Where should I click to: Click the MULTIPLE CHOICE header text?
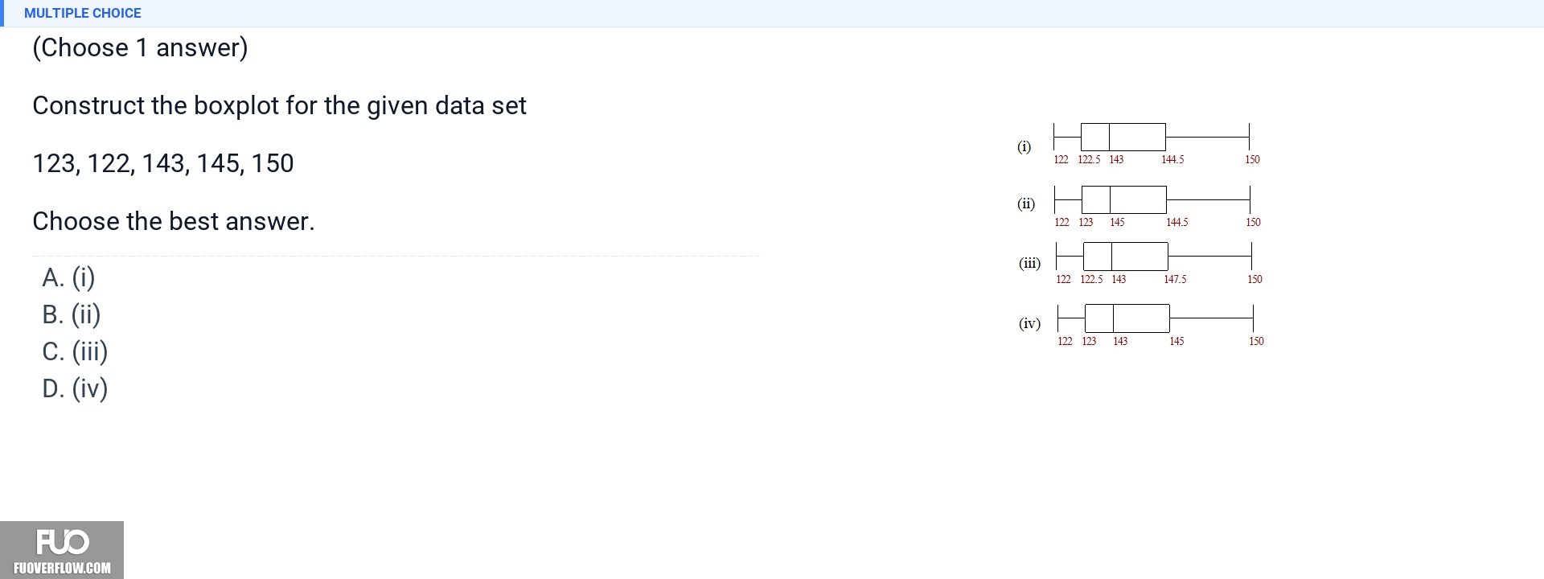click(x=83, y=13)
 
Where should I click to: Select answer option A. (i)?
click(x=68, y=277)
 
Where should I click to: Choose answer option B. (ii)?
click(x=72, y=314)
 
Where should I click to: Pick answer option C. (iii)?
click(x=75, y=351)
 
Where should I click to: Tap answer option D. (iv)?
click(x=75, y=388)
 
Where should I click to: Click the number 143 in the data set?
click(x=163, y=163)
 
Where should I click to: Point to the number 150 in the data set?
click(x=273, y=163)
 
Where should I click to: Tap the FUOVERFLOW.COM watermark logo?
click(x=62, y=550)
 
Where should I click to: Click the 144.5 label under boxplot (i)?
click(x=1172, y=159)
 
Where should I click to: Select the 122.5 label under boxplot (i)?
click(x=1089, y=159)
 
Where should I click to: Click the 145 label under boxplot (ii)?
click(x=1117, y=222)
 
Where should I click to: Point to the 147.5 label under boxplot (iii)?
click(x=1175, y=279)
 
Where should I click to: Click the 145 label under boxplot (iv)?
click(x=1176, y=341)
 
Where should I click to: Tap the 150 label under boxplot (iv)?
click(x=1256, y=341)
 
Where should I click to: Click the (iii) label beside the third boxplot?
click(x=1029, y=263)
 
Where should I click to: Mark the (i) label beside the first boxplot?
click(x=1024, y=146)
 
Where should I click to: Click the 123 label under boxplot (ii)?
click(x=1086, y=222)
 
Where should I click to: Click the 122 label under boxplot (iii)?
click(x=1063, y=279)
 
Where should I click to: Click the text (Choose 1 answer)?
click(x=140, y=47)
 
